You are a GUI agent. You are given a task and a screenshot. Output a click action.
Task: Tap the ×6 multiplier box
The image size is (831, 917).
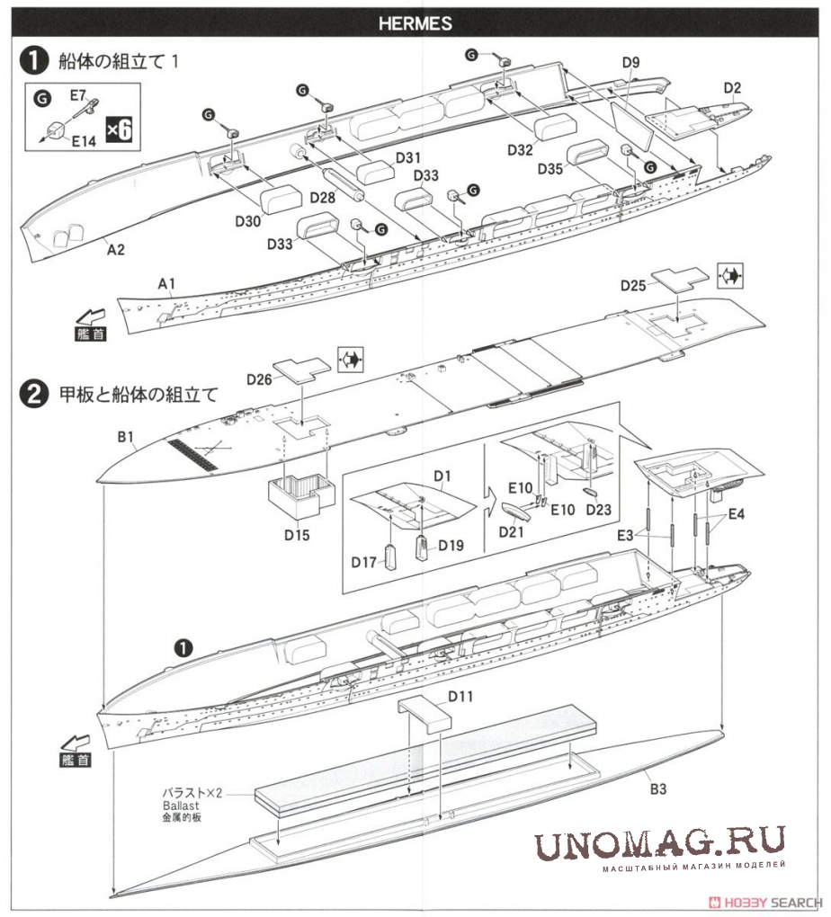(119, 129)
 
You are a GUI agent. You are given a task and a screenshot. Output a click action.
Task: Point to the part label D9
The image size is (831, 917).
(630, 62)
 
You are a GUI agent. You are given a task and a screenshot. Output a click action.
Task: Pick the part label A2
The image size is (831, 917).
(115, 249)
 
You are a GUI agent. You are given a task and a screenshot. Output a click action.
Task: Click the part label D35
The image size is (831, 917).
(552, 169)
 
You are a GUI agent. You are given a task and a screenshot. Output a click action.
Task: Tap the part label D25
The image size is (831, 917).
(633, 285)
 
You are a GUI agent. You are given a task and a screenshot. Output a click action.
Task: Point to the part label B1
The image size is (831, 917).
(125, 438)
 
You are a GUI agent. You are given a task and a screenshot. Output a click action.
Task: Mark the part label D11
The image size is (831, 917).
(460, 696)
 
